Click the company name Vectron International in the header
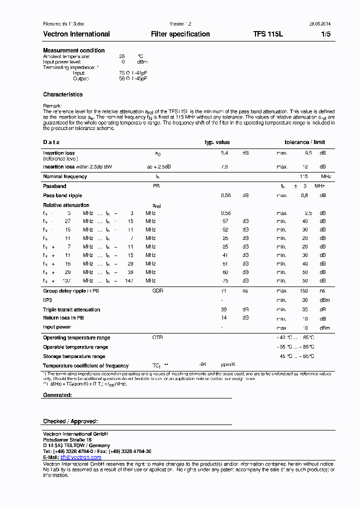pyautogui.click(x=76, y=34)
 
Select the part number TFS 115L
pyautogui.click(x=268, y=34)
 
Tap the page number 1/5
pyautogui.click(x=325, y=34)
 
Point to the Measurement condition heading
pyautogui.click(x=73, y=50)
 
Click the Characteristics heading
pyautogui.click(x=62, y=94)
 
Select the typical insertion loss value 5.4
pyautogui.click(x=224, y=153)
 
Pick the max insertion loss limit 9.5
pyautogui.click(x=308, y=153)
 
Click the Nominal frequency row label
pyautogui.click(x=65, y=176)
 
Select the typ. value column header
pyautogui.click(x=217, y=142)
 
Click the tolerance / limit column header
pyautogui.click(x=304, y=142)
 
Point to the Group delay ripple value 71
pyautogui.click(x=224, y=290)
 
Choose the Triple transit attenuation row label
pyautogui.click(x=71, y=309)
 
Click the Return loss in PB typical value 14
pyautogui.click(x=224, y=318)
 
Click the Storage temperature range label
pyautogui.click(x=74, y=356)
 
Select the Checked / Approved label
pyautogui.click(x=70, y=421)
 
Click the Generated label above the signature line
pyautogui.click(x=57, y=394)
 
